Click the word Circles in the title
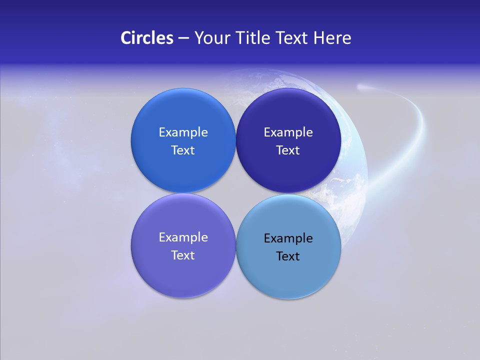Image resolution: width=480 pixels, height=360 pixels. point(147,38)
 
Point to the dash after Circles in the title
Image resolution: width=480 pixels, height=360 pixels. point(183,38)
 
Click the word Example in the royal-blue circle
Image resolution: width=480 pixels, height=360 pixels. point(183,132)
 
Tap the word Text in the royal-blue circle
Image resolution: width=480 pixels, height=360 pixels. point(183,150)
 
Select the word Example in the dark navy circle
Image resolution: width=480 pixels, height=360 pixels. point(288,132)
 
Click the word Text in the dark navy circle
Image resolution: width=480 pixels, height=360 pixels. point(288,150)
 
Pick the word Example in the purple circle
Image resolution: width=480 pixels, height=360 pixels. point(183,237)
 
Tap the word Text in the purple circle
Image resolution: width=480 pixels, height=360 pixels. point(183,255)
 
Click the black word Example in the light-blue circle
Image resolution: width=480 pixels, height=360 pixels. point(288,238)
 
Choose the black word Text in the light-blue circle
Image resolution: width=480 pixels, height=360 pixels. point(288,256)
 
